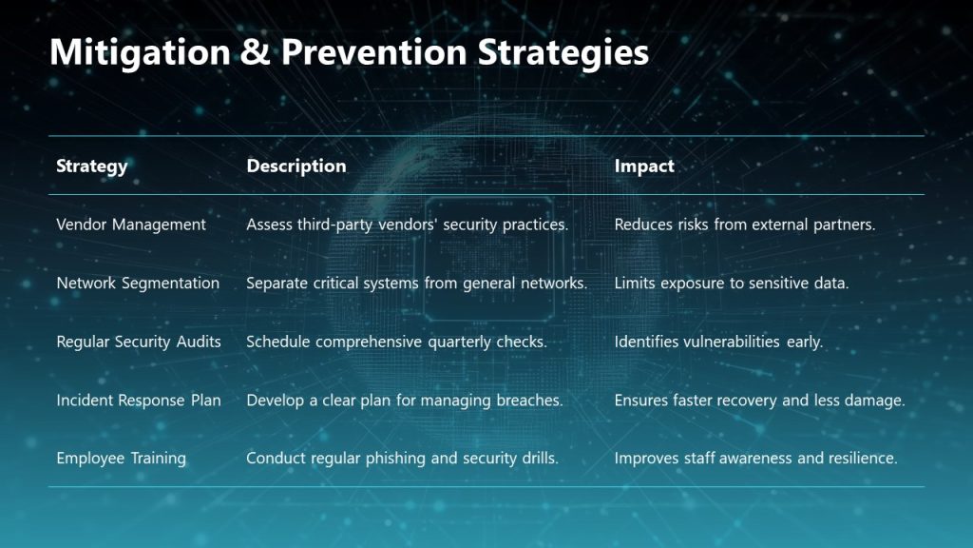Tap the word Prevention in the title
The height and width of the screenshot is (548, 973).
pos(372,52)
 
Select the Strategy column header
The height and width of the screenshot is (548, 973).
pos(91,166)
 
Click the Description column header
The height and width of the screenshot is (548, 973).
pos(296,166)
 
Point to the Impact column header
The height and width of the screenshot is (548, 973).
pos(644,166)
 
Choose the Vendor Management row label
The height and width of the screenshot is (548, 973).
pos(131,225)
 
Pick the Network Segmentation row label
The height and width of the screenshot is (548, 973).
pos(138,283)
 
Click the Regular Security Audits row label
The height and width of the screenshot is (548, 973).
pos(139,342)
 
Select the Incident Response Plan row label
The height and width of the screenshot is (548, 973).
pos(139,401)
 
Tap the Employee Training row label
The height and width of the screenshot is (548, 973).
pos(122,458)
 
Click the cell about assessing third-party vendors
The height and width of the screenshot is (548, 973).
pos(407,225)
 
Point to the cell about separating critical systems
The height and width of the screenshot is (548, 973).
pos(416,283)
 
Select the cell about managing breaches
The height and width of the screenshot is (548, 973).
pos(405,401)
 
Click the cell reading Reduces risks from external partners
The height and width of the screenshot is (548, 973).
pos(744,225)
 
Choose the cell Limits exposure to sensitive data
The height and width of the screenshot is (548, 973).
pos(731,283)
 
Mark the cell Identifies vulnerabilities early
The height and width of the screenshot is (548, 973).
pos(718,342)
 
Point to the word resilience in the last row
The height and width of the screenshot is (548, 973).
pos(862,458)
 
